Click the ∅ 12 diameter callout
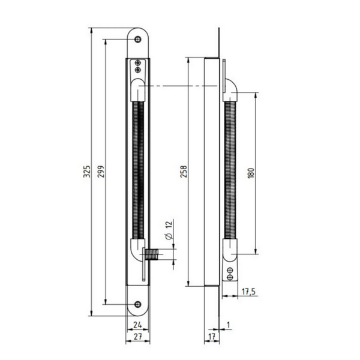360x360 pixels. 169,230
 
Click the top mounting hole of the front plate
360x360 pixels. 139,39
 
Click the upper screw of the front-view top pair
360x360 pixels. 139,62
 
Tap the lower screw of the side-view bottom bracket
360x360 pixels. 230,278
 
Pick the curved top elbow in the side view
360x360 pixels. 230,90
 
